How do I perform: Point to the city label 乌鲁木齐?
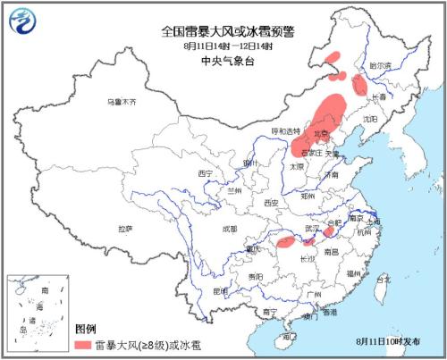pos(120,102)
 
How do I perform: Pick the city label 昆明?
pos(219,291)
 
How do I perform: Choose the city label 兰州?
pos(234,190)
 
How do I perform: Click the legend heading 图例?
pos(86,328)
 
